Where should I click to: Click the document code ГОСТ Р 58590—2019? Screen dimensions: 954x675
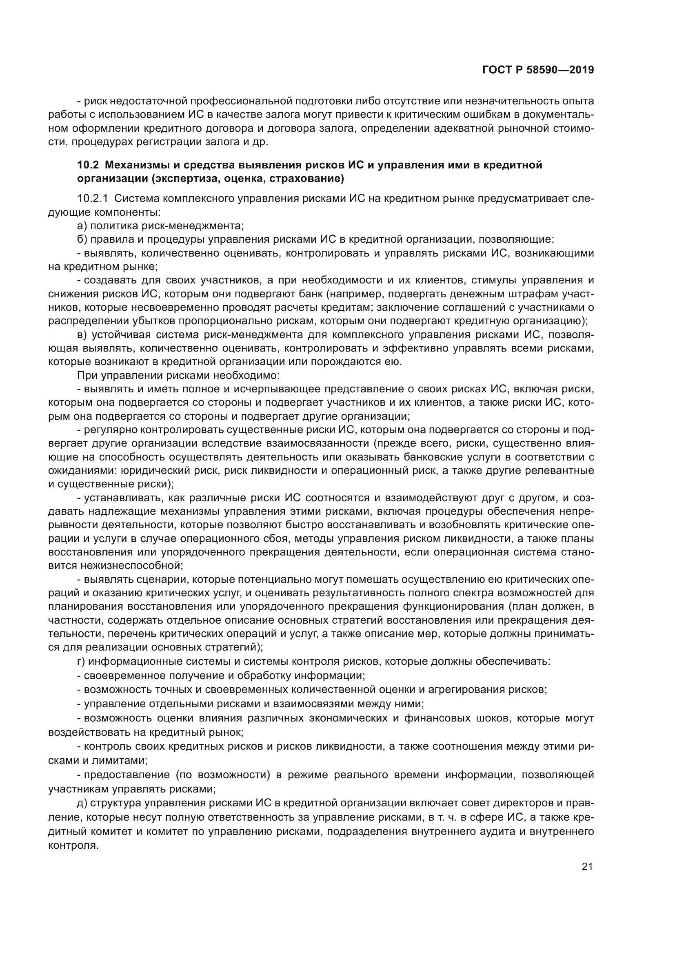pyautogui.click(x=538, y=70)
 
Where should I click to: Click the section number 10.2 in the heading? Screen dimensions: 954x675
pyautogui.click(x=88, y=165)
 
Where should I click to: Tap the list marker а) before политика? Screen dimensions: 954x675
pyautogui.click(x=82, y=226)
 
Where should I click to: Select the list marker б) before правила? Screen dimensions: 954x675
pyautogui.click(x=82, y=240)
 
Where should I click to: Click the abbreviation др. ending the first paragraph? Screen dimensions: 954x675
pyautogui.click(x=260, y=142)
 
